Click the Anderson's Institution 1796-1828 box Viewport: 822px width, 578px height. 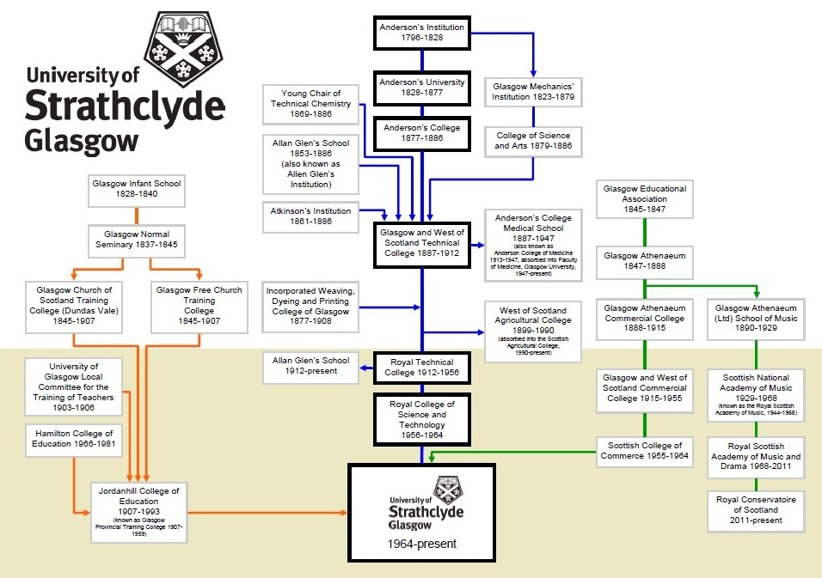tap(422, 33)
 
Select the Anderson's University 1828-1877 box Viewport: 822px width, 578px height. tap(422, 88)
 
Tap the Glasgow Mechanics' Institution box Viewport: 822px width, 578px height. tap(532, 92)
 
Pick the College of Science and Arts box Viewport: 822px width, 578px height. tap(532, 141)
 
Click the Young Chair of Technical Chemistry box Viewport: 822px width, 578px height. tap(311, 104)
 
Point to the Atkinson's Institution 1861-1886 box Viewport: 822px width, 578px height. tap(311, 216)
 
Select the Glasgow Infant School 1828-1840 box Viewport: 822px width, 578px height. tap(138, 188)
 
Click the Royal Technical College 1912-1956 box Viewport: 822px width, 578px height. tap(422, 368)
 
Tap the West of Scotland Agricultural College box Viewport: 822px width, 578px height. tap(532, 332)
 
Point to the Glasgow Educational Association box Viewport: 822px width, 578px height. tap(645, 199)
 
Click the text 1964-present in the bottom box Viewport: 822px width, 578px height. tap(421, 544)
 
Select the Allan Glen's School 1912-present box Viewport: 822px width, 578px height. tap(311, 366)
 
